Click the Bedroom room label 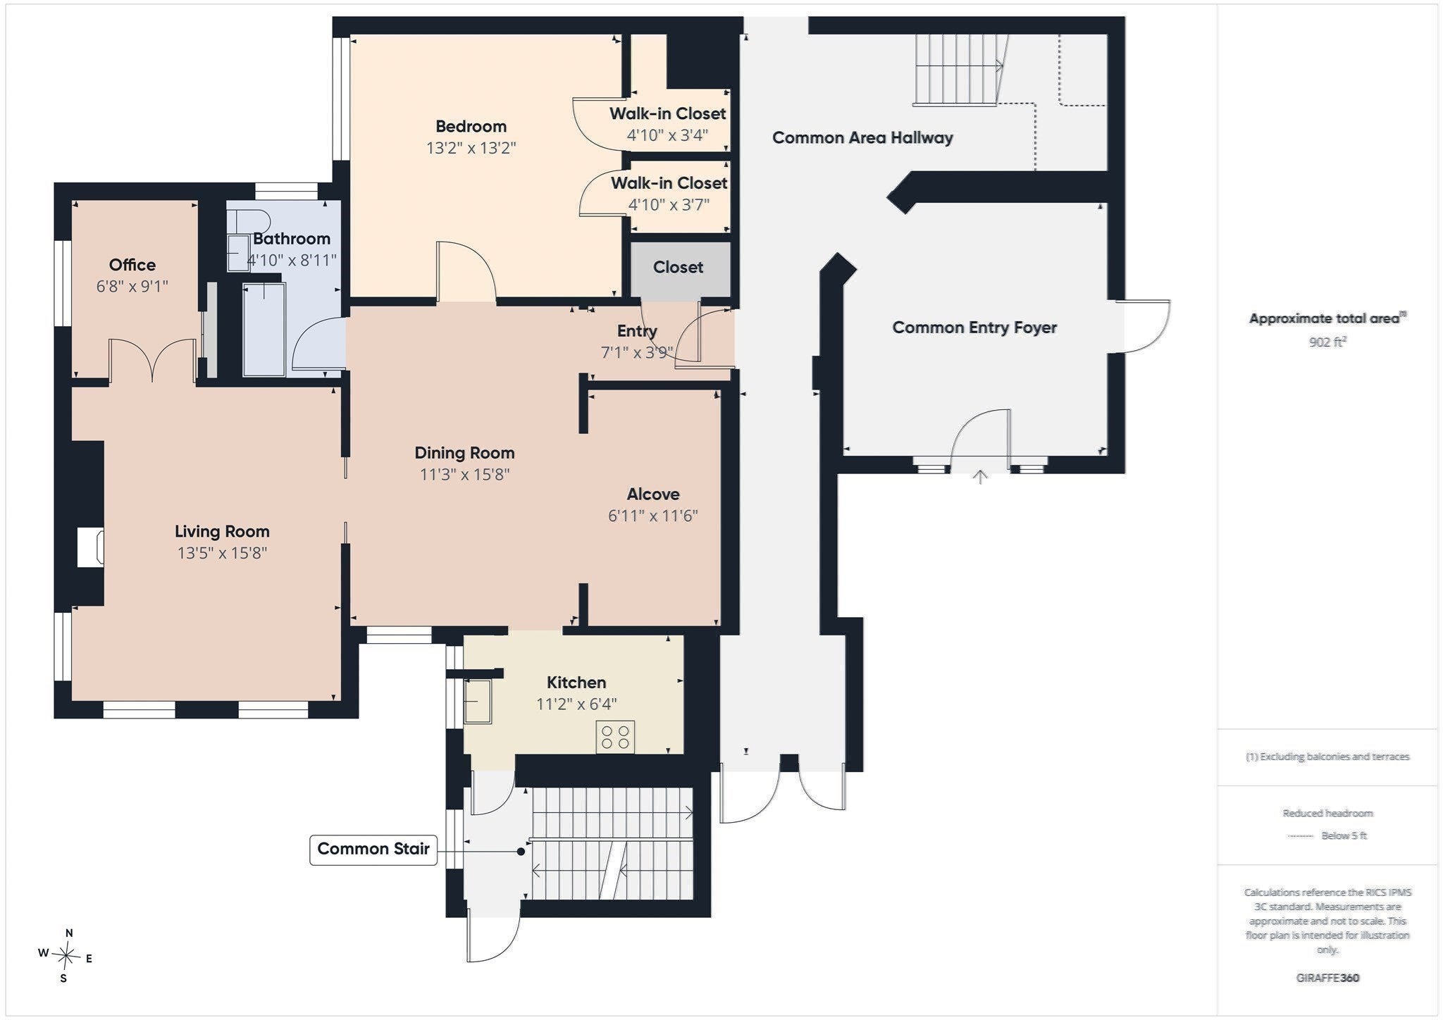coord(471,127)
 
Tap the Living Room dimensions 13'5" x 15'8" coord(222,553)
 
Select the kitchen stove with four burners coord(615,738)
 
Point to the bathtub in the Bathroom coord(264,330)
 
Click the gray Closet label coord(678,268)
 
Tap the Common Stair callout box coord(373,850)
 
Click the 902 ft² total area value coord(1327,342)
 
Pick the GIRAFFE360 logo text coord(1327,978)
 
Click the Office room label coord(132,265)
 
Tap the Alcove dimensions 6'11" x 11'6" coord(653,516)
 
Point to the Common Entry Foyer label coord(974,328)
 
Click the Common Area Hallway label coord(862,138)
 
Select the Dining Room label coord(464,453)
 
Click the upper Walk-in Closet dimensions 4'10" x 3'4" coord(667,135)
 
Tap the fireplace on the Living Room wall coord(90,547)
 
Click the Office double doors coord(152,361)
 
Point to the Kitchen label coord(576,683)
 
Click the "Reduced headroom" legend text coord(1327,813)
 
